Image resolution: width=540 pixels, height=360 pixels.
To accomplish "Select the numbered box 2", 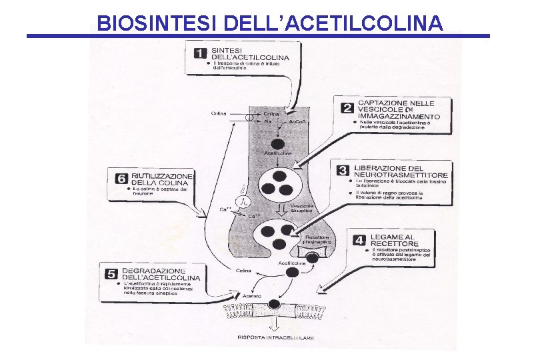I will point(347,107).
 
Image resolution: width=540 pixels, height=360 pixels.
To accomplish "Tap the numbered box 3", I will point(343,171).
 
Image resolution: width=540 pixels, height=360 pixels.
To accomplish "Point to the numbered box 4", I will point(358,239).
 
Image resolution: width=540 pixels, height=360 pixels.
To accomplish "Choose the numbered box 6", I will point(121,179).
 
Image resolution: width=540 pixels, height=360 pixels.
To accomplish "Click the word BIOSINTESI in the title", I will point(158,23).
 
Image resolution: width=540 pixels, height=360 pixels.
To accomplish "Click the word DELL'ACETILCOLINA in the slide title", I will point(334,23).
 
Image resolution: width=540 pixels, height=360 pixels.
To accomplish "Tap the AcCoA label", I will point(297,123).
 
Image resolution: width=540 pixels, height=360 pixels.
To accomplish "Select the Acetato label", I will point(252,295).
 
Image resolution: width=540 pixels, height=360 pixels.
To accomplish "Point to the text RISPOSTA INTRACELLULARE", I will point(275,337).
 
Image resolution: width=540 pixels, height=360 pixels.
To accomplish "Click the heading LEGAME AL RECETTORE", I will point(392,240).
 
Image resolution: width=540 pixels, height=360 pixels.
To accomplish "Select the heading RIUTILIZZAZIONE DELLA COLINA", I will point(162,179).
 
